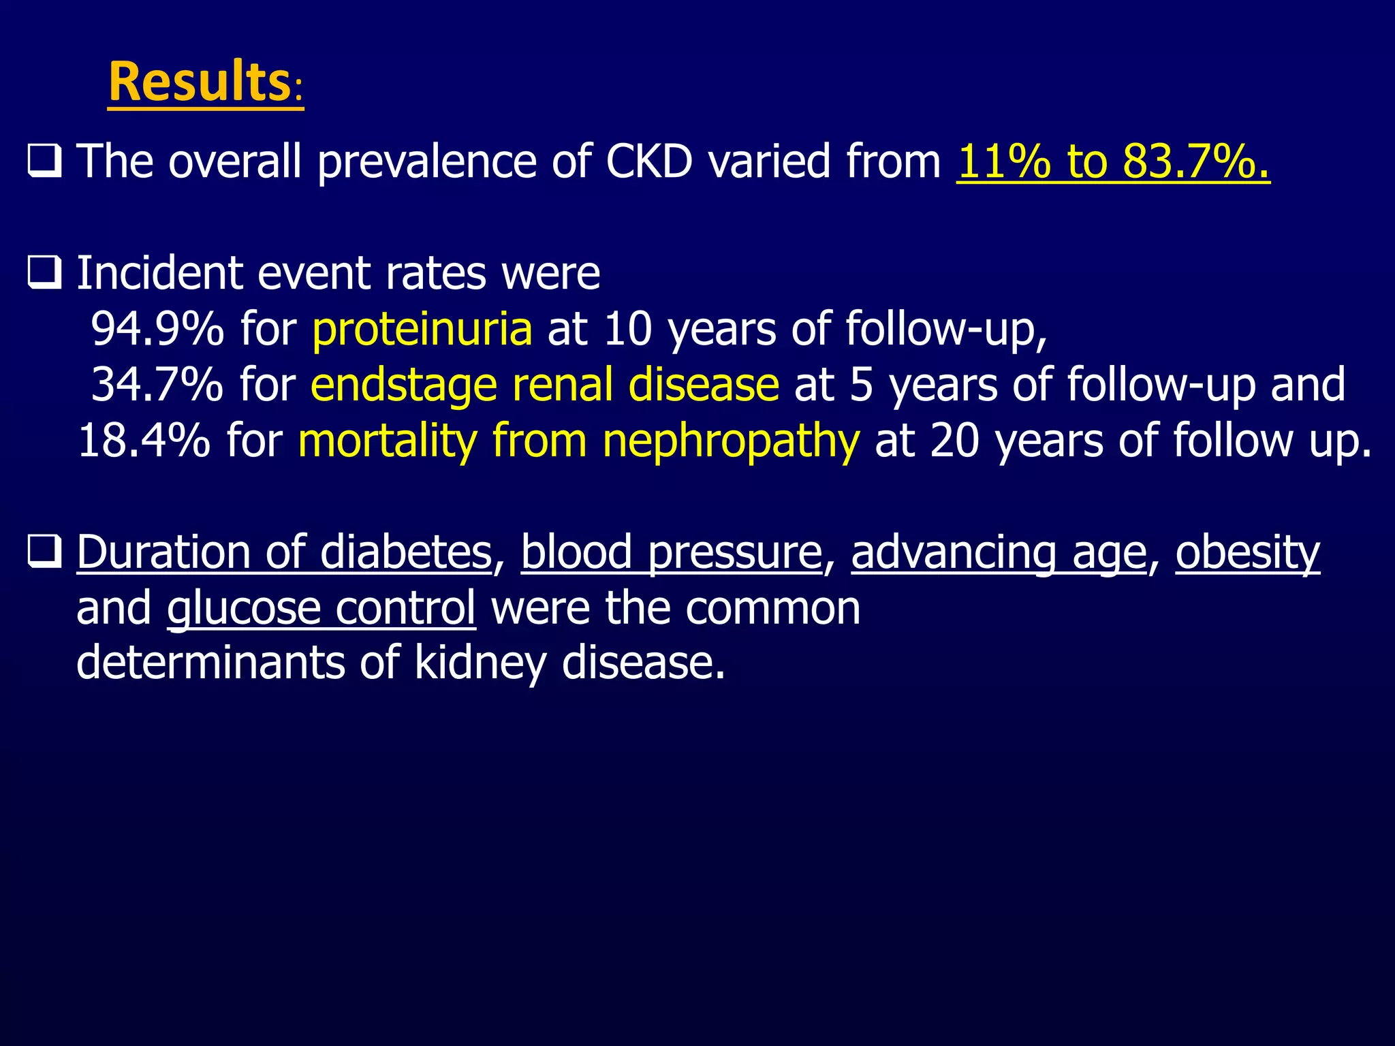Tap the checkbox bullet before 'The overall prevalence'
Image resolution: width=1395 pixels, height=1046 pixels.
pyautogui.click(x=45, y=161)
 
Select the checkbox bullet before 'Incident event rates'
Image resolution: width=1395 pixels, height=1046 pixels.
pyautogui.click(x=45, y=273)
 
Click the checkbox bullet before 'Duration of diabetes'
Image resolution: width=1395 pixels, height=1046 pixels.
pyautogui.click(x=45, y=551)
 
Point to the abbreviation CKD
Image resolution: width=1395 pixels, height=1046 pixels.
pyautogui.click(x=649, y=161)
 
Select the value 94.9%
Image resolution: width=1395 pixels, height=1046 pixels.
pyautogui.click(x=157, y=329)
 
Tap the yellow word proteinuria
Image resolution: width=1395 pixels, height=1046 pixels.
pyautogui.click(x=422, y=329)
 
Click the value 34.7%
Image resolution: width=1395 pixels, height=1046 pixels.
pyautogui.click(x=157, y=385)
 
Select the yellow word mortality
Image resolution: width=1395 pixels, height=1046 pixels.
pyautogui.click(x=388, y=441)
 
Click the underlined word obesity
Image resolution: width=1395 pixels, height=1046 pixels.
pyautogui.click(x=1247, y=552)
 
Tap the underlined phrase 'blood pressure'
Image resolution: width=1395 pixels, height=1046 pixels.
pyautogui.click(x=672, y=552)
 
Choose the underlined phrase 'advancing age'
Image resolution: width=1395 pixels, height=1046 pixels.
pyautogui.click(x=999, y=552)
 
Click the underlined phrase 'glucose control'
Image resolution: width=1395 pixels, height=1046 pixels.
pyautogui.click(x=321, y=607)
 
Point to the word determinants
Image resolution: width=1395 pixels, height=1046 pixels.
pyautogui.click(x=210, y=662)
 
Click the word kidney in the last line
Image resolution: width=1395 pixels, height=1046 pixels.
pyautogui.click(x=480, y=662)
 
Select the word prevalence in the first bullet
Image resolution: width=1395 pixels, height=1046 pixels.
pyautogui.click(x=427, y=161)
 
